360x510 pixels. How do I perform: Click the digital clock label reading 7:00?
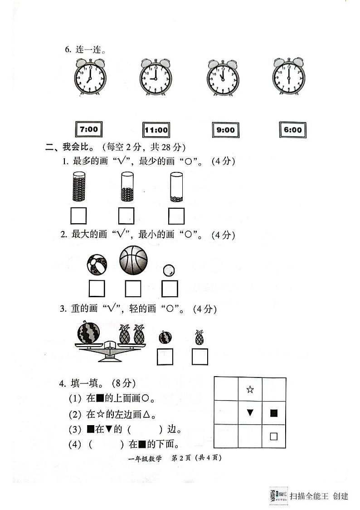pos(88,129)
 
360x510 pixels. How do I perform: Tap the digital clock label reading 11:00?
pos(156,130)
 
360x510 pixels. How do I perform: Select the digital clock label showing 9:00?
pos(225,130)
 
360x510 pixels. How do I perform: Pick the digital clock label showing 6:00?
pos(292,130)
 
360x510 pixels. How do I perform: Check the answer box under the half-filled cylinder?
pos(126,216)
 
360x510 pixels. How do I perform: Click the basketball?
pos(133,260)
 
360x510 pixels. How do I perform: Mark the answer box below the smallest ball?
pos(170,289)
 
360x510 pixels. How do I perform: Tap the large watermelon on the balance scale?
pos(88,333)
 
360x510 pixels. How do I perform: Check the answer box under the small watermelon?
pos(165,357)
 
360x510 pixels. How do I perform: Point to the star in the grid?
pos(250,389)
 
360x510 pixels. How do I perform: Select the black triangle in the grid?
pos(250,412)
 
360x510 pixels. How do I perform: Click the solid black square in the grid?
pos(273,413)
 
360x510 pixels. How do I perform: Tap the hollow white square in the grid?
pos(273,436)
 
